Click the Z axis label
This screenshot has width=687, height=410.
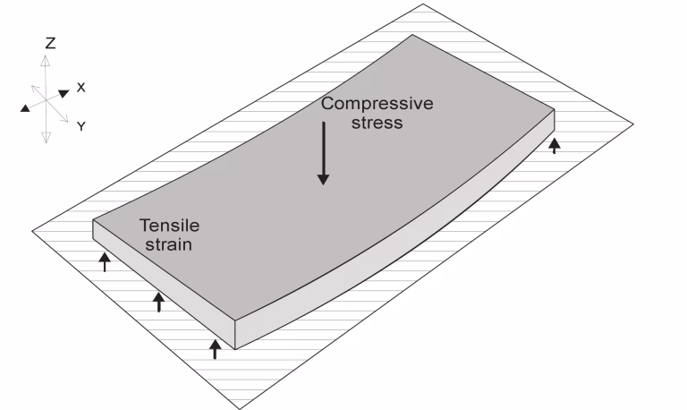(50, 43)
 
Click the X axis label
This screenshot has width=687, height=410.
(81, 88)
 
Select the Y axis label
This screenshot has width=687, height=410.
(81, 126)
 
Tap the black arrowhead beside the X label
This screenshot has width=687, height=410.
(64, 93)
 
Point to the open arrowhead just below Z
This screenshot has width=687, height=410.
(45, 61)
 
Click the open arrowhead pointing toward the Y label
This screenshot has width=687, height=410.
(64, 117)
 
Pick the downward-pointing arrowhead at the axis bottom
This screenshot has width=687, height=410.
(46, 137)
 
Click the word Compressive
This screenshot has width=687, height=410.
(377, 105)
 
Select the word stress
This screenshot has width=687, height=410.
(377, 123)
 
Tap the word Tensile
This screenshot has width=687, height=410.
(170, 226)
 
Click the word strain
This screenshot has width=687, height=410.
(169, 244)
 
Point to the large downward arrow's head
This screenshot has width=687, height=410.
(323, 179)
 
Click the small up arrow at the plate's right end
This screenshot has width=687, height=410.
(555, 146)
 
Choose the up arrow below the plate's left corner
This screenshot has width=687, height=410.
(105, 261)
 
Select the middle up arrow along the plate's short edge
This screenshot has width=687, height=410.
(159, 302)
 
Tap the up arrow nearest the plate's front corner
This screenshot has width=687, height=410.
(215, 349)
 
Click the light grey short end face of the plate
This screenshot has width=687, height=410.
(165, 284)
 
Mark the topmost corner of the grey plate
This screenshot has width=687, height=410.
(411, 35)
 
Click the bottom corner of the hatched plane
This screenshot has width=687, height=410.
(240, 409)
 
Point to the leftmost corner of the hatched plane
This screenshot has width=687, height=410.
(32, 231)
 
